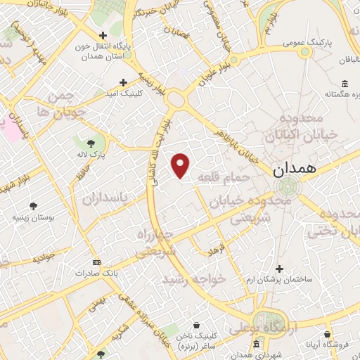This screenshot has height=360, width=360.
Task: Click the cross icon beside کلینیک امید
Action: point(124,82)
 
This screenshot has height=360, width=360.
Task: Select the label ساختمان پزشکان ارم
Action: point(281,281)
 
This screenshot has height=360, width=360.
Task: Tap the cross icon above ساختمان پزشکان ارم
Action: point(280,269)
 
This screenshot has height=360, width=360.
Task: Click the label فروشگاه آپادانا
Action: point(328,346)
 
